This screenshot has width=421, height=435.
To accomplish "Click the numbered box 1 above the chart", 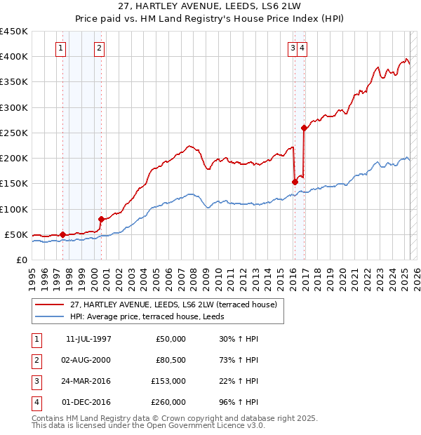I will tap(62, 48).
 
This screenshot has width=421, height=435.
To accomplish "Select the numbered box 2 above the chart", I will tap(100, 48).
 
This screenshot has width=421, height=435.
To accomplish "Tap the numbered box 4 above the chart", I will tap(302, 48).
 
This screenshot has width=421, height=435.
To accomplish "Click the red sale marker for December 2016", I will tap(304, 128).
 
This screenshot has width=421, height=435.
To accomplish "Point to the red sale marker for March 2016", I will tap(295, 182).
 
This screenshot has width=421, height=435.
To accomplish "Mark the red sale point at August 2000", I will tap(101, 219).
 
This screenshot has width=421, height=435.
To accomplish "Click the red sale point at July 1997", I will tap(63, 234).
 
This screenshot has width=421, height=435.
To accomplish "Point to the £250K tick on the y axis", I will tap(15, 133).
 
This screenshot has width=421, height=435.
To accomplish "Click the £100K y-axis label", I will tap(15, 209).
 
